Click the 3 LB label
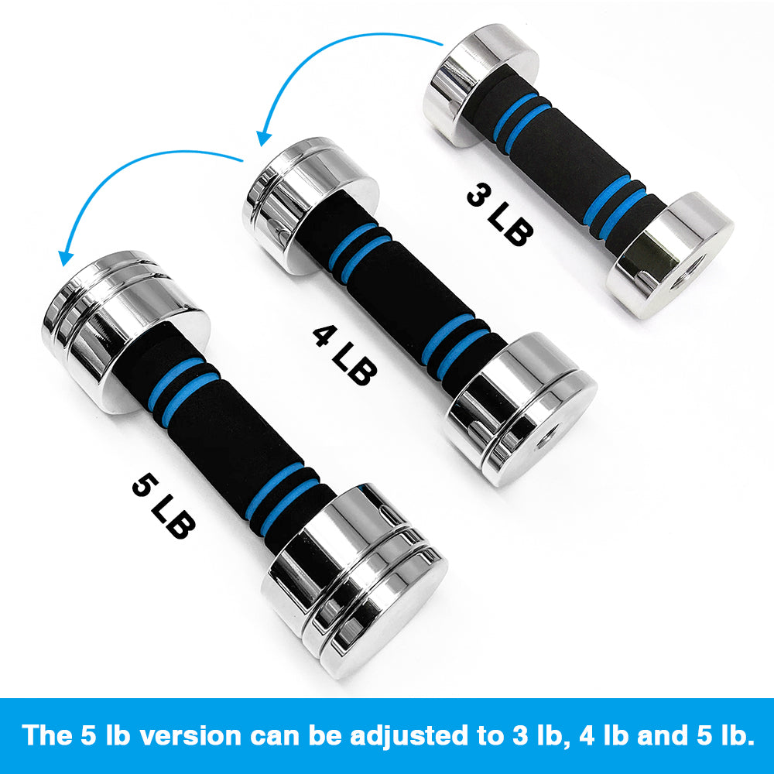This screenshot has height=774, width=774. [x=499, y=214]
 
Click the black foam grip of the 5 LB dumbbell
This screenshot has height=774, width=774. [x=232, y=441]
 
